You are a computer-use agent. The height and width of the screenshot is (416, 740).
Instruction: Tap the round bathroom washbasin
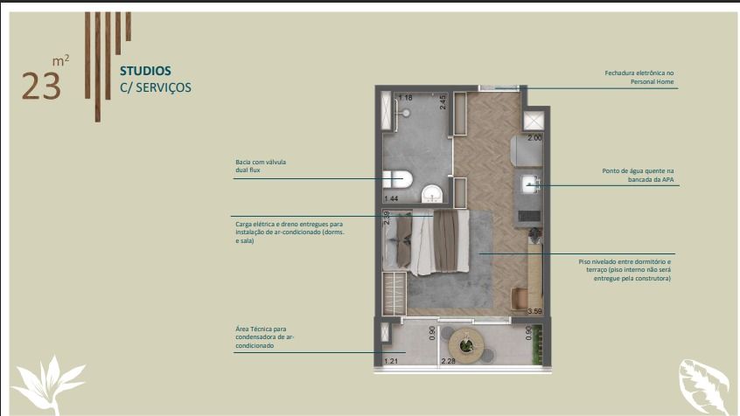click(x=432, y=194)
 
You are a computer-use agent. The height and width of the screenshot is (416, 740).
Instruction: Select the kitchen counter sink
click(x=531, y=184)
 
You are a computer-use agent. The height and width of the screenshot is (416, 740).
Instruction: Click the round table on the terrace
click(x=466, y=346)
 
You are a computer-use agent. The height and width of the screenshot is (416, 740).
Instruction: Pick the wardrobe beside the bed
click(x=394, y=294)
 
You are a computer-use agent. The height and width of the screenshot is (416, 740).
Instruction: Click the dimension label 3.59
click(x=534, y=311)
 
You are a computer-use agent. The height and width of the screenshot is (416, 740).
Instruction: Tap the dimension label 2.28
click(x=448, y=361)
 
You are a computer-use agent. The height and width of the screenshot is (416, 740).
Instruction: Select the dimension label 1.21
click(x=391, y=361)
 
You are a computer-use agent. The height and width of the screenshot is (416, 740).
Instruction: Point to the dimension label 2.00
click(x=534, y=138)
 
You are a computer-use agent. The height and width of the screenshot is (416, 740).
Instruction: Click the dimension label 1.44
click(x=391, y=198)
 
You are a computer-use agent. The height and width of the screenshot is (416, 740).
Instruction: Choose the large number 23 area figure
click(x=41, y=87)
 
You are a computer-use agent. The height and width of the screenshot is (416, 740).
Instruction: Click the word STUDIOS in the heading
click(x=145, y=71)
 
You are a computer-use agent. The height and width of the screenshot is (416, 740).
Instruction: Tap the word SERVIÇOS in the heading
click(x=164, y=87)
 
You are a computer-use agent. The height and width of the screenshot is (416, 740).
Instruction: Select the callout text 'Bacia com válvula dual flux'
click(x=261, y=166)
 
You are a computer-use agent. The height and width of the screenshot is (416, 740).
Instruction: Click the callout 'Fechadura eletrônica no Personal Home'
click(x=639, y=78)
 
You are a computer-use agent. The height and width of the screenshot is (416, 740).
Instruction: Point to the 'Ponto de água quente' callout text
click(x=638, y=175)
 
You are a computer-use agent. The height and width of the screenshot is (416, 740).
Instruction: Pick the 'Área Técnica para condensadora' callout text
click(x=265, y=337)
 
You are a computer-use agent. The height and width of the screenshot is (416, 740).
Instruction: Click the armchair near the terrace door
click(x=520, y=299)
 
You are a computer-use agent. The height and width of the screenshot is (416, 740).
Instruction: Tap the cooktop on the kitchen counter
click(x=529, y=216)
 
